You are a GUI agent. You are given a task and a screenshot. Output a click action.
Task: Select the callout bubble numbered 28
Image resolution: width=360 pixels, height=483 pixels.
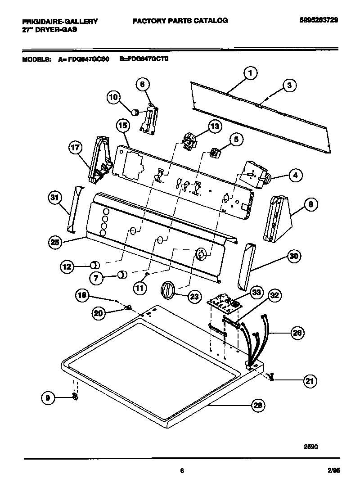(x=257, y=406)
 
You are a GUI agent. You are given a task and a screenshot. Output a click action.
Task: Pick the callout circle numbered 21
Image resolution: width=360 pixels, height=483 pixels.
(x=309, y=381)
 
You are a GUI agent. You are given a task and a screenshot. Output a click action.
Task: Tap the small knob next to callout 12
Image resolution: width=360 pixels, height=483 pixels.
(x=95, y=265)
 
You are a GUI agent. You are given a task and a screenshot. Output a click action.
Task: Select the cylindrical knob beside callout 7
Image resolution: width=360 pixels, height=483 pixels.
(x=122, y=274)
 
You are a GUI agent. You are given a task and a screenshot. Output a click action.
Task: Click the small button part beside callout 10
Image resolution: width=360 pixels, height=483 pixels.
(x=134, y=110)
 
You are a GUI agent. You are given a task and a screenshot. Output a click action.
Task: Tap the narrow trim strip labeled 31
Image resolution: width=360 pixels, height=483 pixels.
(x=74, y=209)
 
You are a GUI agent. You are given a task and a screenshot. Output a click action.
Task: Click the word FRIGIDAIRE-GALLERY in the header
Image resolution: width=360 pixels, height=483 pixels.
(x=60, y=21)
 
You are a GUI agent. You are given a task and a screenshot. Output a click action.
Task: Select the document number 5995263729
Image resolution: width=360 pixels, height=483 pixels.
(x=318, y=20)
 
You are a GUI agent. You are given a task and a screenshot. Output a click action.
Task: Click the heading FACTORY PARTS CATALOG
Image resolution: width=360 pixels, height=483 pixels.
(x=180, y=20)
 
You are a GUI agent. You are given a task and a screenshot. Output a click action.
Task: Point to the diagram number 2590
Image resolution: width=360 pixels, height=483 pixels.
(x=310, y=447)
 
